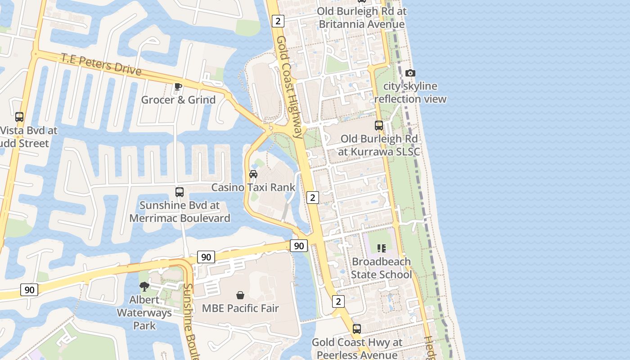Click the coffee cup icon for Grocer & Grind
coord(178,86)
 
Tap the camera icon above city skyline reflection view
coord(410,73)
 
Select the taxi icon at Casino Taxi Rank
coord(253,174)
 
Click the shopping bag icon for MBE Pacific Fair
coord(240,295)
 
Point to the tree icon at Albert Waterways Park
coord(144,287)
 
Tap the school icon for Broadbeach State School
coord(382,248)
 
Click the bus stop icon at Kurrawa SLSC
coord(379,126)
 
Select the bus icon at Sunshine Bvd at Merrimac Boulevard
coord(180,192)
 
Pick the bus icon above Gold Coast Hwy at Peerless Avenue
coord(357,329)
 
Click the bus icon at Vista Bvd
coord(19,117)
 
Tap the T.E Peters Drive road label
coord(101,64)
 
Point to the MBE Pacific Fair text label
coord(240,308)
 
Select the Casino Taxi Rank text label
coord(253,187)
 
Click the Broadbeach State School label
coord(382,268)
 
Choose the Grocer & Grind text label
coord(178,99)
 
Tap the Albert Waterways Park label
coord(144,313)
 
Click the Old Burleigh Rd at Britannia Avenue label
coord(362,18)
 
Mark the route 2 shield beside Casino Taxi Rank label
coord(312,197)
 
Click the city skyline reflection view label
coord(410,92)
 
